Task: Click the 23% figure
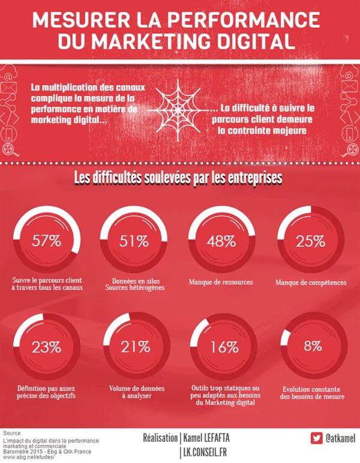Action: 47,346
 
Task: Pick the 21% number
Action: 134,346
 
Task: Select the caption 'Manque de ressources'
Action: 221,282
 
